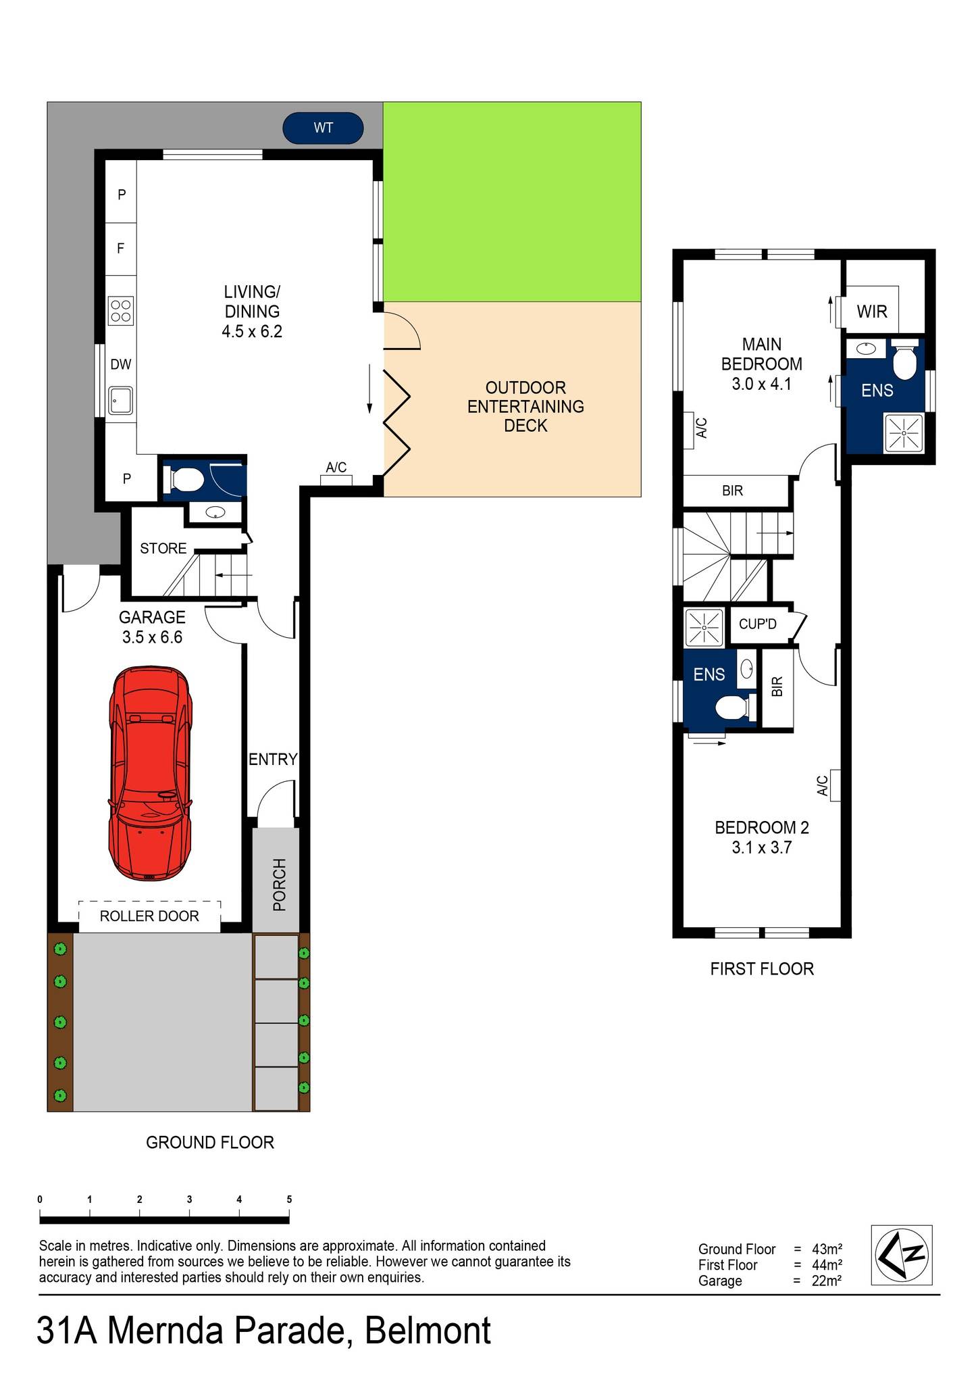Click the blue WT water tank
tap(323, 128)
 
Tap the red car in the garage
tap(150, 773)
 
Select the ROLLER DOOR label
tap(149, 916)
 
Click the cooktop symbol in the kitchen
tap(121, 311)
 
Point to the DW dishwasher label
tap(121, 365)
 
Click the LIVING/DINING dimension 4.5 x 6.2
tap(251, 332)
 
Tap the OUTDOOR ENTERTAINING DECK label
tap(525, 407)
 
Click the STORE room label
tap(163, 549)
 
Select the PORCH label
tap(279, 885)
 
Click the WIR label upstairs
tap(871, 312)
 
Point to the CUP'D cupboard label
tap(757, 624)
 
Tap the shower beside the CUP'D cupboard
tap(704, 627)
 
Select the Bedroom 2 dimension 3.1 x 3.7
tap(761, 847)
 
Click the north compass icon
tap(902, 1255)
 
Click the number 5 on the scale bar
tap(289, 1200)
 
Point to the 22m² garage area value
tap(826, 1281)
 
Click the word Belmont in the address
tap(428, 1331)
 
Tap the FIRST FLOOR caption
tap(761, 969)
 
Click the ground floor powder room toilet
tap(183, 480)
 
